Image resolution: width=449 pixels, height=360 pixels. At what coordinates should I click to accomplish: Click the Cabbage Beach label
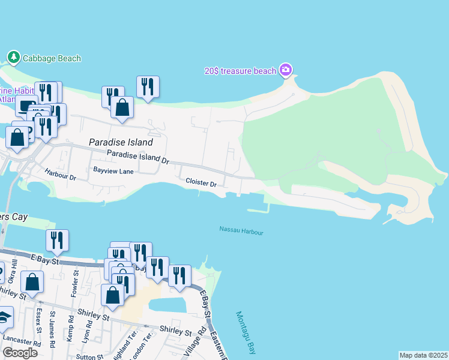[52, 58]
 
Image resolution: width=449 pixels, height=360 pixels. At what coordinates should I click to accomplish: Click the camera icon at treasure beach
[286, 71]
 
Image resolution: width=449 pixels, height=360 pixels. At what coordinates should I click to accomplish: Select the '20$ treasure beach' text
[240, 71]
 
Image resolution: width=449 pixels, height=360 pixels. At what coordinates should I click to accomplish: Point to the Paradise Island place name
[121, 143]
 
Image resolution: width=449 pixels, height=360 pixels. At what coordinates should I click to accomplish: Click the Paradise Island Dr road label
[138, 157]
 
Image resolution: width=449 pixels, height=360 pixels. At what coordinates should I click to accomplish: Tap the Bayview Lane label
[113, 171]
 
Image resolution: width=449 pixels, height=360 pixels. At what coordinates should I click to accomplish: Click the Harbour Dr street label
[60, 175]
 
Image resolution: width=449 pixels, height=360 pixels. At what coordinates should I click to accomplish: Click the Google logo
[20, 353]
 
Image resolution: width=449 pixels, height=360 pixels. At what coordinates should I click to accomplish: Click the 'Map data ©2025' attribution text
[423, 355]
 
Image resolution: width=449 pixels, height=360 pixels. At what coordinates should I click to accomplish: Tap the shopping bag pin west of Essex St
[32, 282]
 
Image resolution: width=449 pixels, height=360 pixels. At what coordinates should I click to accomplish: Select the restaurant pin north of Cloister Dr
[148, 86]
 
